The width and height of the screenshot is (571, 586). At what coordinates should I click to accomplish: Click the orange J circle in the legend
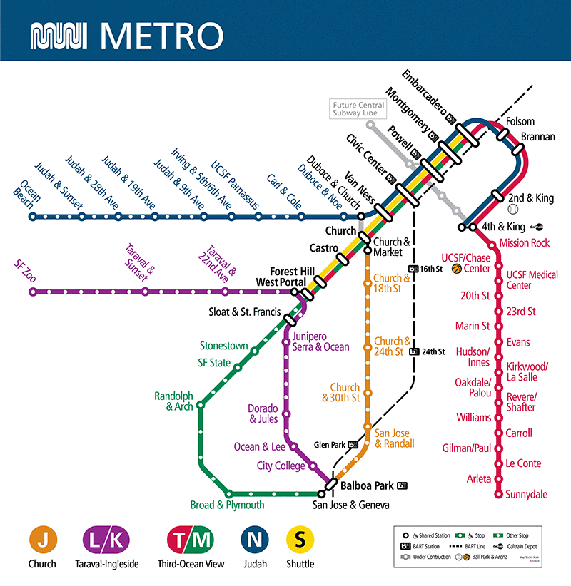pos(42,541)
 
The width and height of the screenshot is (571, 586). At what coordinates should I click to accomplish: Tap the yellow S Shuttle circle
pos(300,541)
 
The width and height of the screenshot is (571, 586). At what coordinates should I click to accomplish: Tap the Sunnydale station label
pos(527,494)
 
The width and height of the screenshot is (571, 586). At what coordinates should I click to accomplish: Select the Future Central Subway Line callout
pos(358,109)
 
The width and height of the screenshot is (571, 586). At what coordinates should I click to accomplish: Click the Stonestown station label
pos(223,346)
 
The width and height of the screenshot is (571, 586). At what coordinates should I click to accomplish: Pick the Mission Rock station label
pos(525,243)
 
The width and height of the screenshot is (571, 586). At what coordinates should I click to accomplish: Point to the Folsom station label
pos(520,121)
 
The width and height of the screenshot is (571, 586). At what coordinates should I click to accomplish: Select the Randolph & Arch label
pos(173,401)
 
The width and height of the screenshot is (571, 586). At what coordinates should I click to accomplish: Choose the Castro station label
pos(323,248)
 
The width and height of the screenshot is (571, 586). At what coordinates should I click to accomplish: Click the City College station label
pos(281,466)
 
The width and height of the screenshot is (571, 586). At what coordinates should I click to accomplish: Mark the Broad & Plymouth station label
pos(227,505)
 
